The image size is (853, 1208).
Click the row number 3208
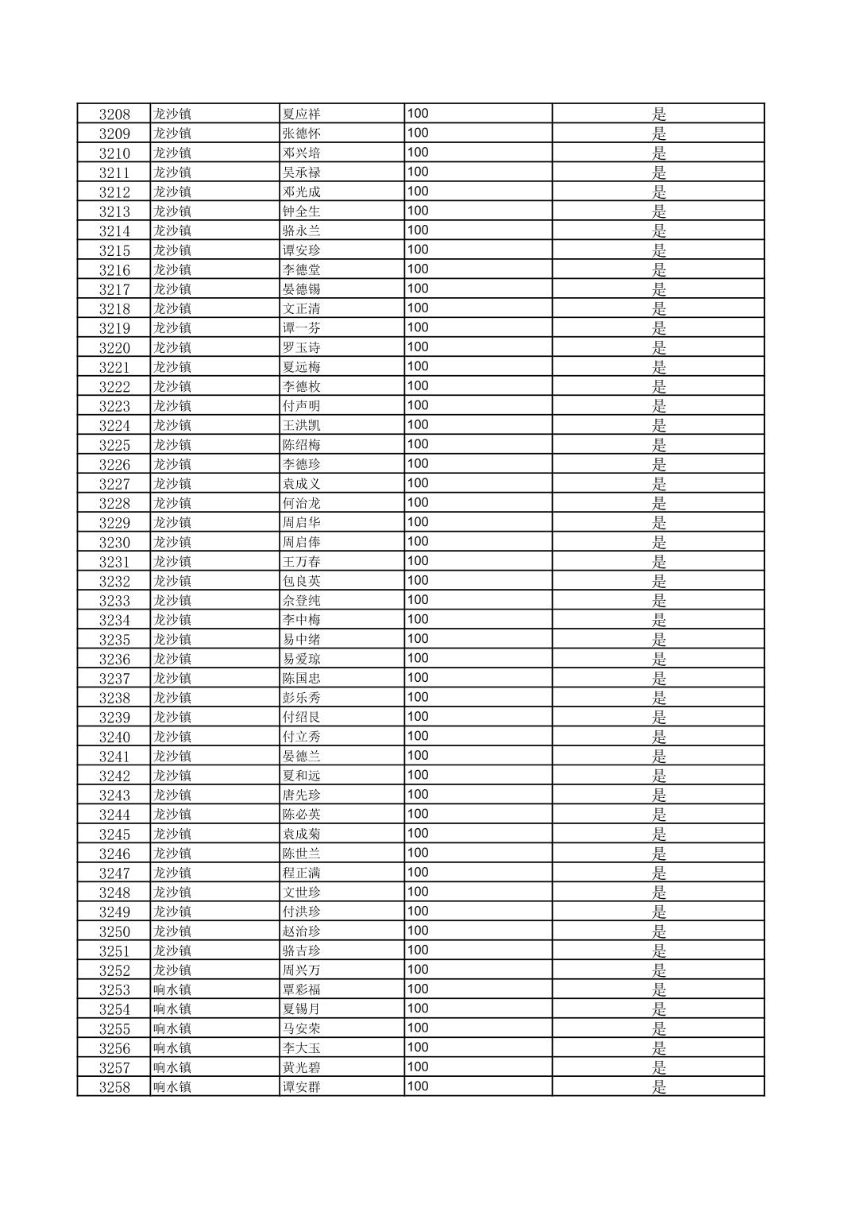pos(114,114)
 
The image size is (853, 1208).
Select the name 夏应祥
pos(301,114)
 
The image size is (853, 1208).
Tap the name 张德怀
pos(301,134)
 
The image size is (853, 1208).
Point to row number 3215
pos(114,250)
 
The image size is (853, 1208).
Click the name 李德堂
pos(301,269)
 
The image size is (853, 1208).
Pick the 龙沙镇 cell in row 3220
pos(172,347)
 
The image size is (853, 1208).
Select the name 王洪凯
pos(301,425)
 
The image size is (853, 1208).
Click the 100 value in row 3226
pos(418,463)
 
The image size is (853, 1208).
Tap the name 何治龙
pos(301,503)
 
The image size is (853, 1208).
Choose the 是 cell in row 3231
pos(658,562)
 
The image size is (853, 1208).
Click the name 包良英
pos(301,581)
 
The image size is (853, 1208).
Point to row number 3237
pos(114,679)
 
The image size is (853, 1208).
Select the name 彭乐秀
pos(301,698)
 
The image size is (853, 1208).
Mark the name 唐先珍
pos(301,795)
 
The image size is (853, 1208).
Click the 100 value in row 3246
pos(418,853)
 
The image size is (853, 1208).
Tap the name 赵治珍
pos(301,931)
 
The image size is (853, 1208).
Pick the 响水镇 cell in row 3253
pos(172,989)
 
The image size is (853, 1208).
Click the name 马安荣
pos(301,1028)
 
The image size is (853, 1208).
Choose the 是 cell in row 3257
pos(658,1067)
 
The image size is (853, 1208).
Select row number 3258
pos(114,1087)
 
